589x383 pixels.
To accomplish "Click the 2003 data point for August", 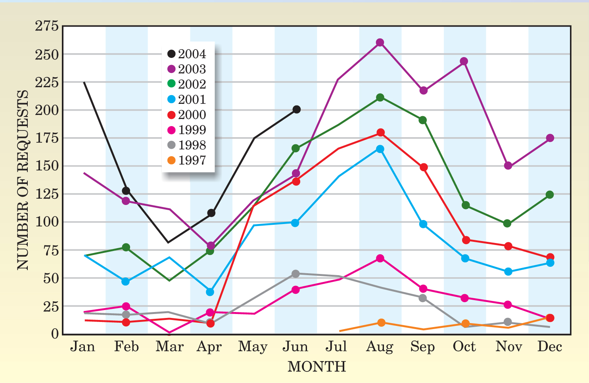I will pos(380,42).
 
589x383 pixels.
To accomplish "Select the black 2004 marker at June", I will pos(296,109).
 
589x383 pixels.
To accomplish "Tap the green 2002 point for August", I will pos(380,98).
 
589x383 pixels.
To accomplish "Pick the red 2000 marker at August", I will pos(380,132).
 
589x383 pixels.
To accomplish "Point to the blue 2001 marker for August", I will pos(380,149).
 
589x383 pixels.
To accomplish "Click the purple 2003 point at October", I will pos(464,61).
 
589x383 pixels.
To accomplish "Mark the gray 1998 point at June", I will pos(295,274).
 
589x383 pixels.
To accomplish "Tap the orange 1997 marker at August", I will pos(381,323).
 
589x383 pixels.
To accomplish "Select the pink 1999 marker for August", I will pos(380,259).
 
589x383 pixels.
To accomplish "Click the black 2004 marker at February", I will pos(126,191).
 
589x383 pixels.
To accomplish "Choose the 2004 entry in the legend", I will pos(187,54).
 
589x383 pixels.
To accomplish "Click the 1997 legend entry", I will pos(187,161).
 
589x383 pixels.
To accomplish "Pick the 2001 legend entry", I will pos(187,100).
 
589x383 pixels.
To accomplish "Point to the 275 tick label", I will pos(47,26).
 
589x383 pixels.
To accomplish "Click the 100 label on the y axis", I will pos(47,222).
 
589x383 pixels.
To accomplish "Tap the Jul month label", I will pos(336,347).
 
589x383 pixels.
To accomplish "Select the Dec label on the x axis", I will pos(550,347).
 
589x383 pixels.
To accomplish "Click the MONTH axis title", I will pos(317,367).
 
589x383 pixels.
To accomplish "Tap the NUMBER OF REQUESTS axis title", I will pos(23,180).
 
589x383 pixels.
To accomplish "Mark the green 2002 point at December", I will pos(550,195).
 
